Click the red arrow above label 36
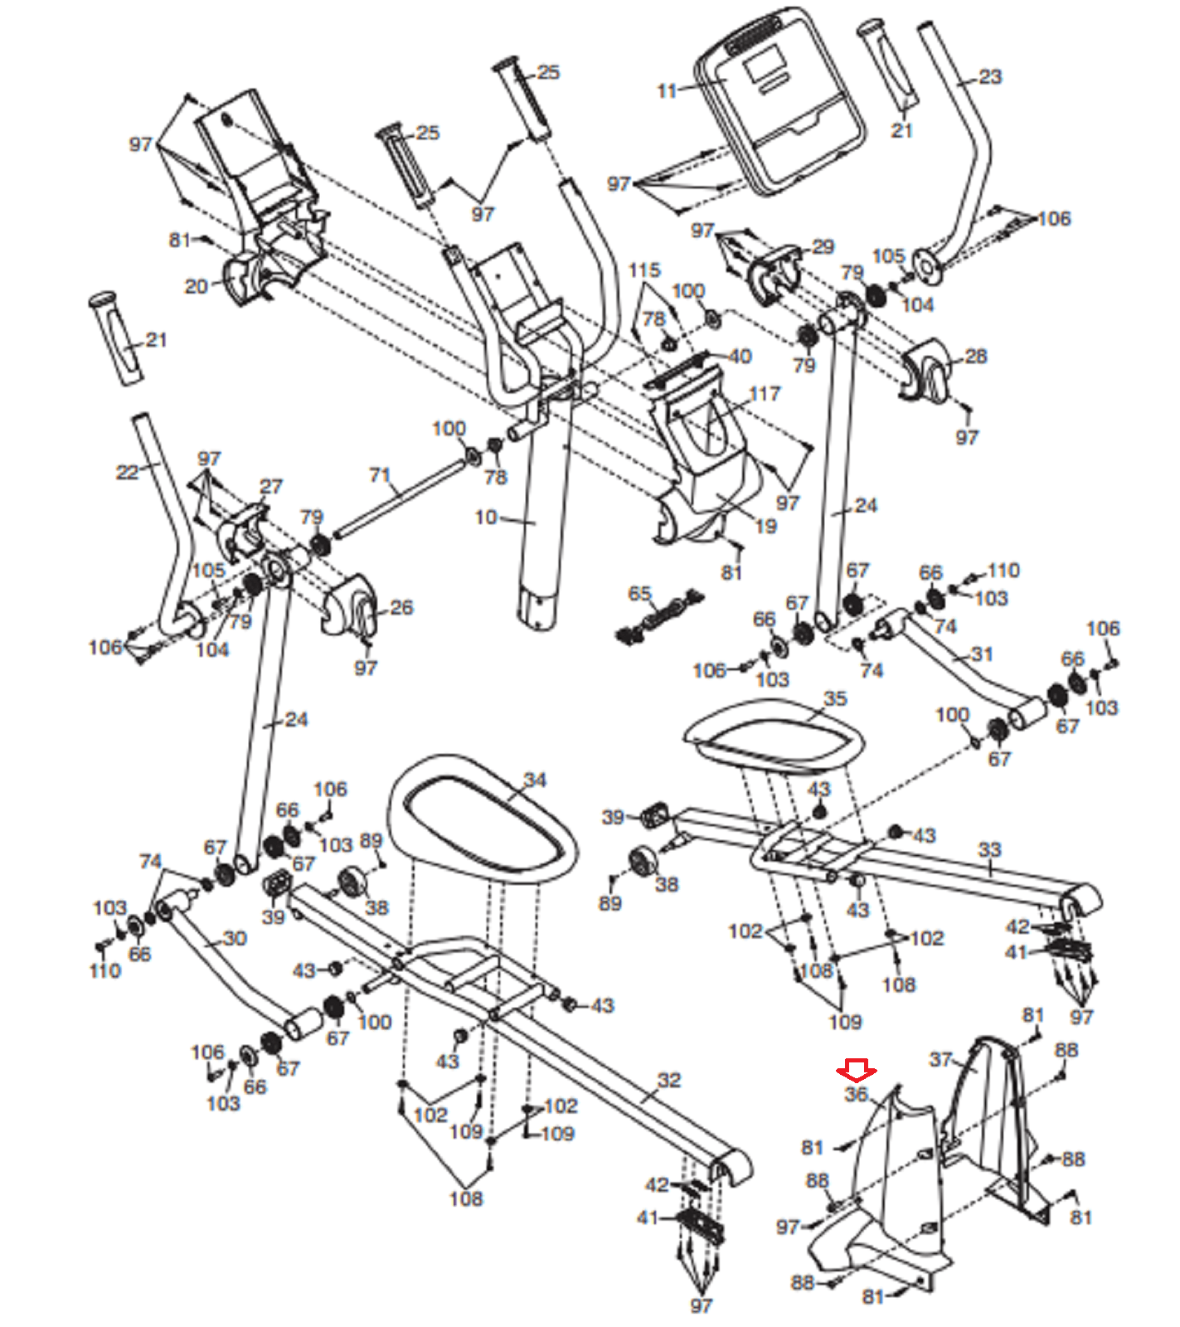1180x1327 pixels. pos(856,1069)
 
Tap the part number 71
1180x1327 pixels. pos(380,475)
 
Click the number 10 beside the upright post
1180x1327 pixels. pos(485,518)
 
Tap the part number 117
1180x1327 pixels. pos(764,394)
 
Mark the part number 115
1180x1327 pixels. pos(644,270)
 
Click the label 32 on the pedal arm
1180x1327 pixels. pos(669,1080)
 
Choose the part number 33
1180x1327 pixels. pos(990,850)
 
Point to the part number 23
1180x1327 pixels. pos(990,77)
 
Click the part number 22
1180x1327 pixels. pos(127,472)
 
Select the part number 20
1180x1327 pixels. pos(196,287)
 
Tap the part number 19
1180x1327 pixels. pos(766,526)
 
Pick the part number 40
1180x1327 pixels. pos(740,356)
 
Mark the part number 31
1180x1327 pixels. pos(982,654)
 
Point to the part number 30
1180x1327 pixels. pos(235,938)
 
